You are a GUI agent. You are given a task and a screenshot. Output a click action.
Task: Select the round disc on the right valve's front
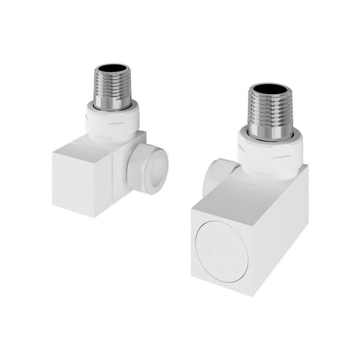(x=222, y=246)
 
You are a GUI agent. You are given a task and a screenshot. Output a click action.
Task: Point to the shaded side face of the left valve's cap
(x=104, y=180)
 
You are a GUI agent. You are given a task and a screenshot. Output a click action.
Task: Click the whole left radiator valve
(x=108, y=148)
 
